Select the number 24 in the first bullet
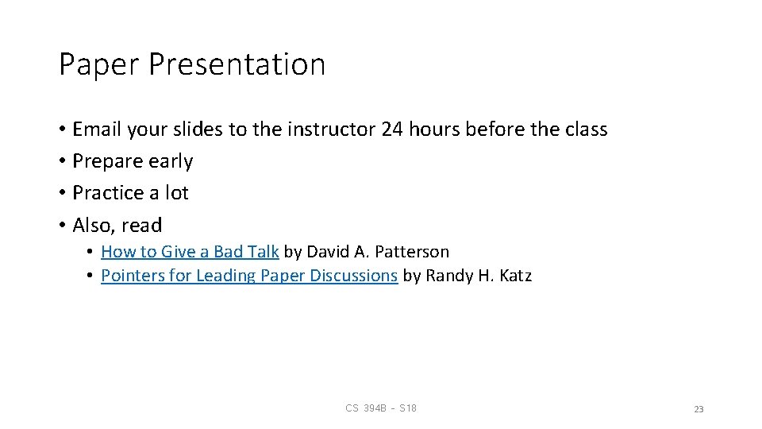coord(393,129)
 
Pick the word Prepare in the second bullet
coord(104,161)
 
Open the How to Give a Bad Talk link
coord(190,252)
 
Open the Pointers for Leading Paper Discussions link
coord(249,276)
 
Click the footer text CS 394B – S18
coord(381,408)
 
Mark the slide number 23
coord(698,409)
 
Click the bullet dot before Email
coord(62,130)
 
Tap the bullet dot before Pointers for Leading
coord(92,276)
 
